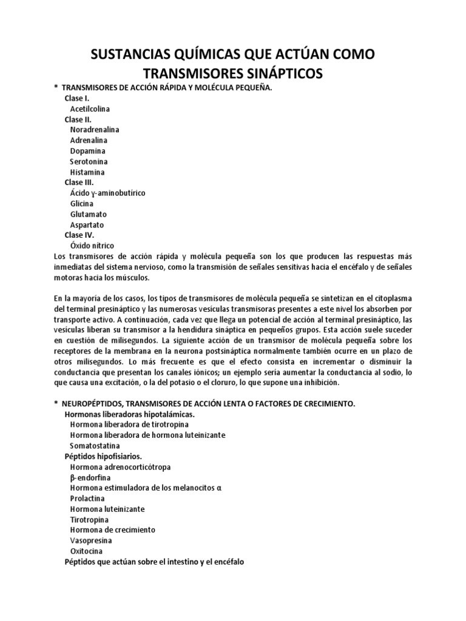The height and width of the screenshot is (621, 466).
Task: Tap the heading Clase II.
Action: click(x=78, y=119)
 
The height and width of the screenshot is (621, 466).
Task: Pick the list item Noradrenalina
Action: click(x=95, y=130)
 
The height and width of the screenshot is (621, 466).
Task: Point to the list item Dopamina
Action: click(x=87, y=151)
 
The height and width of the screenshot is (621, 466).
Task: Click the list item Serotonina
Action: click(x=90, y=161)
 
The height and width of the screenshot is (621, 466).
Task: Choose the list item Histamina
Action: click(x=87, y=172)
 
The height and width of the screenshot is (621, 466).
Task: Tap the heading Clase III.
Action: click(x=79, y=183)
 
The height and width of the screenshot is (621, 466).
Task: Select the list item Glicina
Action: click(x=83, y=204)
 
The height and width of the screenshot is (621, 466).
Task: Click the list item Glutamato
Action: click(x=89, y=214)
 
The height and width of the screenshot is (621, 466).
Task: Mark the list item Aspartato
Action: click(x=87, y=225)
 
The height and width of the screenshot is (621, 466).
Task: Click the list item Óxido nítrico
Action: click(x=92, y=246)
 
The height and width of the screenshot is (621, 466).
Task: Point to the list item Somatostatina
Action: click(x=94, y=445)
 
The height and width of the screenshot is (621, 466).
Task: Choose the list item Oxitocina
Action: click(x=86, y=551)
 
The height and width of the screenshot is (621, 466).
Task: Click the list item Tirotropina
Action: click(x=89, y=520)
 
